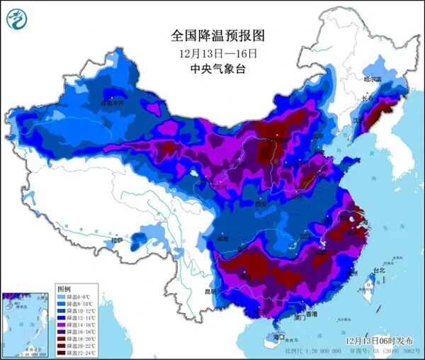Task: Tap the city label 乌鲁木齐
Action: (x=117, y=103)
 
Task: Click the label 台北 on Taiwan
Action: (x=379, y=269)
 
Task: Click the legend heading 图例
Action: (x=63, y=290)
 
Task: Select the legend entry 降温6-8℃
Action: (x=75, y=298)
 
